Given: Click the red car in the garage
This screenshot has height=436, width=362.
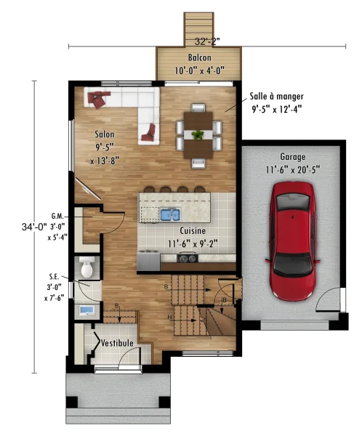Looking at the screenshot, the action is pos(292,241).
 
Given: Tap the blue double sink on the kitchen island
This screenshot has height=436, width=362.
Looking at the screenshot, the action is pos(170,214).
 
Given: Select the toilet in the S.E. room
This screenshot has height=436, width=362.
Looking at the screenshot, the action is pos(87,267).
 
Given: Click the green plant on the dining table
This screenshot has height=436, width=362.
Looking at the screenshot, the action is pos(198,134).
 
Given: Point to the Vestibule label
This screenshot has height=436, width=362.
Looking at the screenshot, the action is pos(117,343).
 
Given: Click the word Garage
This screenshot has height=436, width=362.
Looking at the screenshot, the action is pos(293,157).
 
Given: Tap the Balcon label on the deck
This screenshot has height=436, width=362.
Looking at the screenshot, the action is pos(199,57).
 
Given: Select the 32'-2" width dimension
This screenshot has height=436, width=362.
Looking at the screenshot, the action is pos(207,41).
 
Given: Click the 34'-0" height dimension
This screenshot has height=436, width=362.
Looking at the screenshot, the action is pos(34,227).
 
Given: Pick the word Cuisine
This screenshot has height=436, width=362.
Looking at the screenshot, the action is pos(193,230).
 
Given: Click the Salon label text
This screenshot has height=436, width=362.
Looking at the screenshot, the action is pos(105,134).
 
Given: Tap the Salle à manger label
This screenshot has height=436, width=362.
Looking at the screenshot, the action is pos(276,96).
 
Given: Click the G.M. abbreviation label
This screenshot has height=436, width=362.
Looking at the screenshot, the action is pos(57,216).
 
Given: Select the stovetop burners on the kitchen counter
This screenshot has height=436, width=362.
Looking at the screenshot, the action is pos(188,259).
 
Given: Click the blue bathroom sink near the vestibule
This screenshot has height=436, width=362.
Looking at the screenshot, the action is pos(87,310).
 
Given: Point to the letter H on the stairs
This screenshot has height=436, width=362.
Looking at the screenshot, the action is pos(169,317).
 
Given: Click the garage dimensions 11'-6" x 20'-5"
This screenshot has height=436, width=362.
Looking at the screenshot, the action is pos(293,169).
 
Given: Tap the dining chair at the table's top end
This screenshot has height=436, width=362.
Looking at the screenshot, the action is pos(198,108).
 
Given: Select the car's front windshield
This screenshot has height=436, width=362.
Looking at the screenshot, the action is pos(292,265).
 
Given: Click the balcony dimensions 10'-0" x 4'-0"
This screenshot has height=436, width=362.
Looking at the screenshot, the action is pos(199,70).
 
